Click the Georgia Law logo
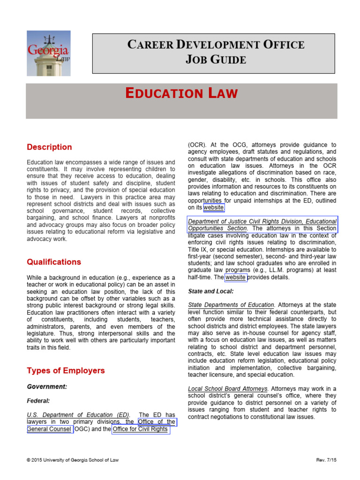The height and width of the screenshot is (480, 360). click(x=48, y=53)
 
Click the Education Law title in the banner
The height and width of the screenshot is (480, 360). click(x=181, y=94)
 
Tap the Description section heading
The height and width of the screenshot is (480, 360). click(x=49, y=147)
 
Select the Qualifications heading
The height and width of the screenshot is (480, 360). click(x=54, y=262)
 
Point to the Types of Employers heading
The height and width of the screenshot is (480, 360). click(x=66, y=371)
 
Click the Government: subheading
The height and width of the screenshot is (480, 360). click(x=47, y=387)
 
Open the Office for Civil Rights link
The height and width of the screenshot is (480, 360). click(x=140, y=429)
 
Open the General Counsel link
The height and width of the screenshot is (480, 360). click(x=49, y=429)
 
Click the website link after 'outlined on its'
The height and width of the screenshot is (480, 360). click(x=213, y=208)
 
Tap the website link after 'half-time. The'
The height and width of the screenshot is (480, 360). click(x=235, y=277)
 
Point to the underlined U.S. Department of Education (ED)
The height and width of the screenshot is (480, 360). click(x=76, y=415)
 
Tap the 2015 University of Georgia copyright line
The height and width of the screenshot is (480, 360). click(x=73, y=460)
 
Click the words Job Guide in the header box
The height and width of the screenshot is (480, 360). click(x=216, y=60)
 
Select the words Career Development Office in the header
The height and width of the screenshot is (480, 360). click(x=216, y=45)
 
